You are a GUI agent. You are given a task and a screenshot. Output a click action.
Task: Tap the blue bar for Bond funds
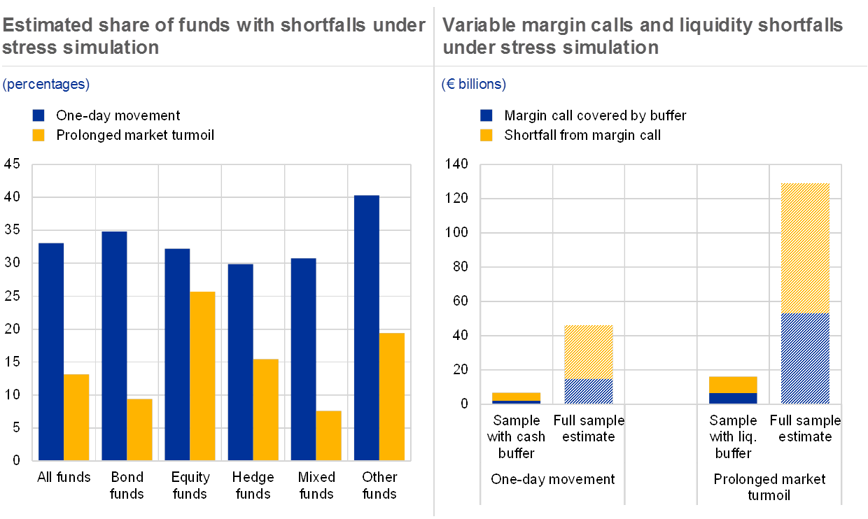[114, 346]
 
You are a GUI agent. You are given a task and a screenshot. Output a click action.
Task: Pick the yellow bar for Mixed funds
[328, 435]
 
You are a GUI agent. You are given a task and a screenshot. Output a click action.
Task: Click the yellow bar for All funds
[76, 417]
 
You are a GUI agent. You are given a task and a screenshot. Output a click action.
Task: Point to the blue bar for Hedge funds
[240, 362]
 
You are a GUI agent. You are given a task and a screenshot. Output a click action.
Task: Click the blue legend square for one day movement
[38, 115]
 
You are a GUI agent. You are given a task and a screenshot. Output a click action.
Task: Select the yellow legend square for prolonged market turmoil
[38, 135]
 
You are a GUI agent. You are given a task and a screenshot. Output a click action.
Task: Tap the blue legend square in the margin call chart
[486, 115]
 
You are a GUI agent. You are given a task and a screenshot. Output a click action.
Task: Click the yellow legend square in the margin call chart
[486, 135]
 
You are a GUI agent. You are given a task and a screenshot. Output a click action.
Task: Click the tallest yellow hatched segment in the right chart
[805, 248]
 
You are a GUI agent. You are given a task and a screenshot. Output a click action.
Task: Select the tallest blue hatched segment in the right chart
[805, 358]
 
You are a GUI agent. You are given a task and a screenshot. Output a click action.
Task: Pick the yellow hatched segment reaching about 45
[589, 352]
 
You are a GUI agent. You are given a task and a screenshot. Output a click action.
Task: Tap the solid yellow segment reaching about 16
[733, 385]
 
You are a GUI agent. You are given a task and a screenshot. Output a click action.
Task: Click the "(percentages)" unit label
[46, 85]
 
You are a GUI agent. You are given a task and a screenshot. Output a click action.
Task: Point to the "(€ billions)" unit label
[474, 85]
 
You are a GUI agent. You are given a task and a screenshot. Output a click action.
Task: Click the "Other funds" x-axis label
[379, 485]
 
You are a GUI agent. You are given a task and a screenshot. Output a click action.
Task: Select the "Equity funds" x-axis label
[190, 485]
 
